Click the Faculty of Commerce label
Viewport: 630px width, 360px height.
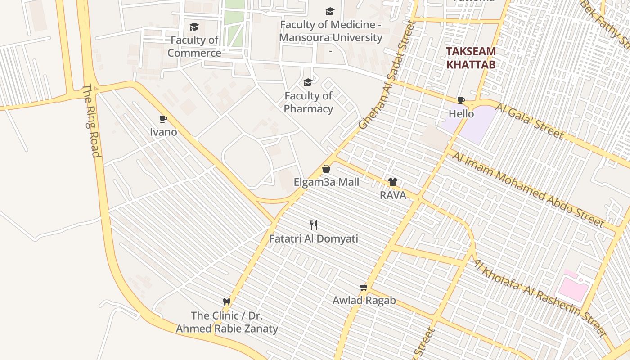click(x=194, y=46)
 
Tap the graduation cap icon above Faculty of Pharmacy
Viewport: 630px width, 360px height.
click(x=308, y=82)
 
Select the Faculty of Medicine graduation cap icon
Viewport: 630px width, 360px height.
click(x=330, y=12)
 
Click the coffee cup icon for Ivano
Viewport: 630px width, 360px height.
click(x=163, y=119)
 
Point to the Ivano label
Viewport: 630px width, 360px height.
click(x=163, y=132)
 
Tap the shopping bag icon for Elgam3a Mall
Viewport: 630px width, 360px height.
click(x=326, y=169)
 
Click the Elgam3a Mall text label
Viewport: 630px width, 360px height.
click(x=326, y=182)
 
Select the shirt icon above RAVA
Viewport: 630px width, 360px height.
click(x=393, y=182)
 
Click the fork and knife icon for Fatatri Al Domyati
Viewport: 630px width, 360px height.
click(x=314, y=225)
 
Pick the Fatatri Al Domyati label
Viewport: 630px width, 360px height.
click(x=314, y=238)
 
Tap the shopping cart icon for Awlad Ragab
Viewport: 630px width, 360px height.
click(x=364, y=287)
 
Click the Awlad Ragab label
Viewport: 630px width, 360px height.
click(x=364, y=300)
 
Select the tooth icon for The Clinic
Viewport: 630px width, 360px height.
click(x=227, y=302)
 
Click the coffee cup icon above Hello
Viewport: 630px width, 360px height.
click(x=461, y=100)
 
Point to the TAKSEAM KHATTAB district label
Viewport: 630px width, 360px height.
click(x=471, y=58)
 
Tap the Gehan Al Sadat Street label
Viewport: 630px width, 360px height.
click(x=386, y=76)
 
